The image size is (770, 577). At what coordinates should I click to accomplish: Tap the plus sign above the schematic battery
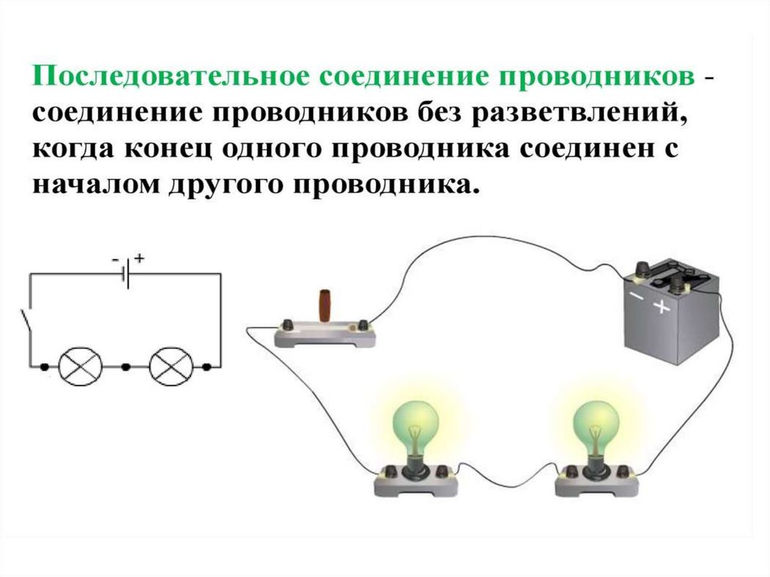point(139,258)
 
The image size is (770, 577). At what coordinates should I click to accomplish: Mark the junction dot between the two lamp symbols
point(125,366)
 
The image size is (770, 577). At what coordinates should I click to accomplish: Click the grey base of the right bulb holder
point(596,484)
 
